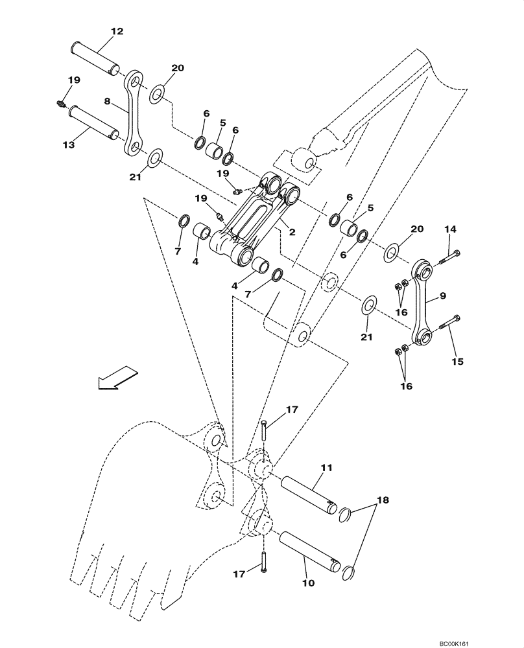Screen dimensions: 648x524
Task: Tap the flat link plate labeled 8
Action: pos(134,114)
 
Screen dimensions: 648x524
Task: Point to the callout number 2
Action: pos(292,232)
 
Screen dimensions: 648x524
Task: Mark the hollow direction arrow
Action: pos(117,378)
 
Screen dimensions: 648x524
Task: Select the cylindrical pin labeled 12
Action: pos(95,57)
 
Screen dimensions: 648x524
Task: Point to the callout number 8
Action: pos(108,101)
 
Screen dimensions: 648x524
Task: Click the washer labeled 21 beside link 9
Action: pos(368,305)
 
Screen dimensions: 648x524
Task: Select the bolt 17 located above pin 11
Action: pos(265,430)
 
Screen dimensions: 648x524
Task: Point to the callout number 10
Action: pos(308,583)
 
